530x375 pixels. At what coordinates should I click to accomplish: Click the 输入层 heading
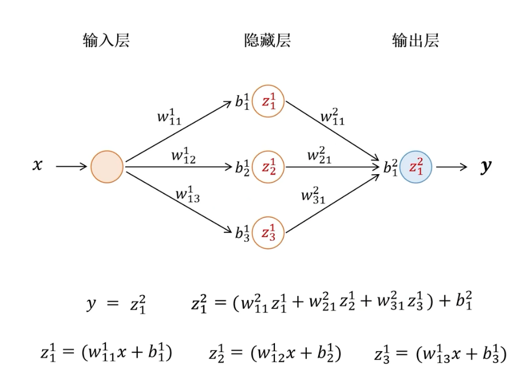(106, 41)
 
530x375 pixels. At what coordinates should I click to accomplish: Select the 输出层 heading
(416, 41)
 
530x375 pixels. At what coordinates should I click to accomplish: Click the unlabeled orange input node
(107, 167)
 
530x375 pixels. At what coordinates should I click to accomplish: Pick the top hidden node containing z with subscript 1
(268, 101)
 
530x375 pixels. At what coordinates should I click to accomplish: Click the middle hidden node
(268, 167)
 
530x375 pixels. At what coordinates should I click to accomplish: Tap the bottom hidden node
(268, 233)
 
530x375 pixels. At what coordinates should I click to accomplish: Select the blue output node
(416, 167)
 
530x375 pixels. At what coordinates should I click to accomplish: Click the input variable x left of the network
(37, 166)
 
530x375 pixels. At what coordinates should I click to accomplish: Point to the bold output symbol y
(486, 167)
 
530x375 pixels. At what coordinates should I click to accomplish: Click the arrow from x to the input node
(72, 167)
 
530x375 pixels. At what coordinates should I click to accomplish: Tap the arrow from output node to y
(451, 167)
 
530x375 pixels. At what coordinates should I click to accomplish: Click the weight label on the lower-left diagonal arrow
(188, 195)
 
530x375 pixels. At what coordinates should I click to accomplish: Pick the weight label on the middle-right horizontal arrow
(320, 155)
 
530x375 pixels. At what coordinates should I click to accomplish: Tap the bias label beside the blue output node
(390, 167)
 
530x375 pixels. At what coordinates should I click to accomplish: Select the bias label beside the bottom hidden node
(243, 233)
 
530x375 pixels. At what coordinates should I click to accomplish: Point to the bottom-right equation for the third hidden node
(439, 353)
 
